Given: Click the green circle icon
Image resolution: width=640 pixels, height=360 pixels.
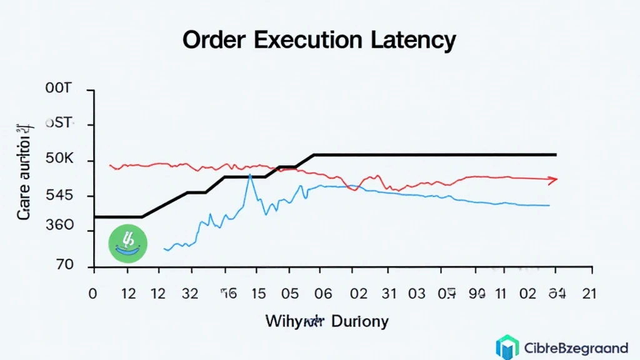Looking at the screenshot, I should point(127,243).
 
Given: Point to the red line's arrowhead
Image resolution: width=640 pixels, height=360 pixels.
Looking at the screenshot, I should point(552,180).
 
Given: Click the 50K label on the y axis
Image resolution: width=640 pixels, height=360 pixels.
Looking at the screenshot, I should point(59,159).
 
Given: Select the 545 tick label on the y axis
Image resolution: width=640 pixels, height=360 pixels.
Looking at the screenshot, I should point(59,196).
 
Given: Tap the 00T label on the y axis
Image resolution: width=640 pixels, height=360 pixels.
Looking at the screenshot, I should point(59,89).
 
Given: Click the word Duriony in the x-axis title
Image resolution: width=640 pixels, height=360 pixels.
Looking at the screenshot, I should point(361,322).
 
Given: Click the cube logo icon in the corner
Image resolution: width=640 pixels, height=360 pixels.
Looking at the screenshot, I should point(507,347).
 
